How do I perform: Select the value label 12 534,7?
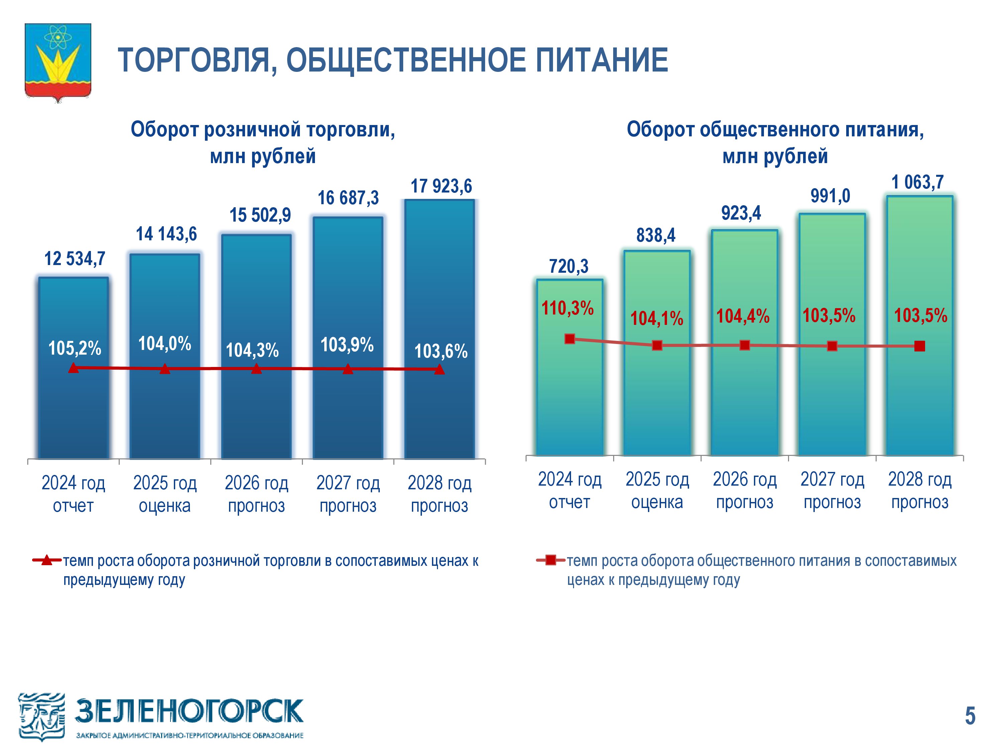tap(75, 259)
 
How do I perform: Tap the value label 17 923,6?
tap(441, 186)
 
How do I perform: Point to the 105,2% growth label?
tap(75, 348)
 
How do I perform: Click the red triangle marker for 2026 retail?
tap(256, 369)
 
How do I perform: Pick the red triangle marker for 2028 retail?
tap(439, 369)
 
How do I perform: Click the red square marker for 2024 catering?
tap(570, 339)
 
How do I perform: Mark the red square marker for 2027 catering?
tap(832, 346)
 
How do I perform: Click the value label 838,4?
tap(656, 235)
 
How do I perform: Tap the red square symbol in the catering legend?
tap(550, 560)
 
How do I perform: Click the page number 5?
tap(970, 716)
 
